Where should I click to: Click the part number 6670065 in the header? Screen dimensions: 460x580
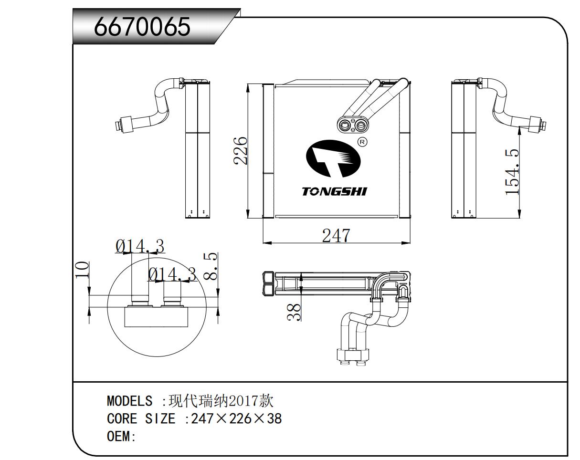click(x=142, y=27)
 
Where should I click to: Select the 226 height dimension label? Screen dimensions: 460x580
click(x=241, y=150)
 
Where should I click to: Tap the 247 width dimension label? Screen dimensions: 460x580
click(x=336, y=235)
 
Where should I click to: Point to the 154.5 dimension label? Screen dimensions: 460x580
click(x=512, y=172)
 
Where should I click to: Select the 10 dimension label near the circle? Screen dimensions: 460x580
click(x=83, y=270)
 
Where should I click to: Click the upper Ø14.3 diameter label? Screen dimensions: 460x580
click(x=139, y=246)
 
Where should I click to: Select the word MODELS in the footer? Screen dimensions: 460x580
click(x=129, y=401)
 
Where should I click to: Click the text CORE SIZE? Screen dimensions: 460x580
click(x=141, y=419)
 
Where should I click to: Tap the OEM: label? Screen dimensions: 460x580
click(x=121, y=437)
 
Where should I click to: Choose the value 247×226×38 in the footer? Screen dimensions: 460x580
click(x=236, y=419)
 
